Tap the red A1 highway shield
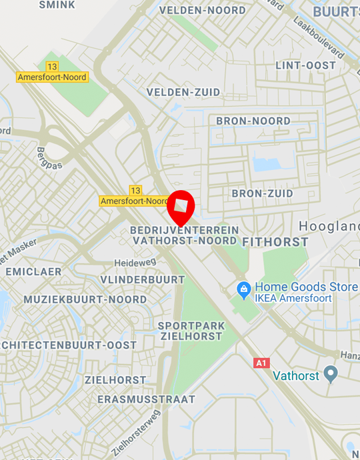(x=262, y=363)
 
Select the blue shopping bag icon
(x=244, y=289)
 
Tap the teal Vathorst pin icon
(x=331, y=374)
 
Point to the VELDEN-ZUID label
(x=175, y=91)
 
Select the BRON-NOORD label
(x=253, y=121)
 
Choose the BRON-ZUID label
(x=262, y=193)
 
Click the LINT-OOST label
(x=306, y=65)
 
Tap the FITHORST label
(x=275, y=241)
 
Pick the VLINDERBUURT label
(x=142, y=279)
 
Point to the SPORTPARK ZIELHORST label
(x=191, y=331)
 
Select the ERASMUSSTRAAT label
(x=147, y=399)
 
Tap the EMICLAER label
(x=33, y=271)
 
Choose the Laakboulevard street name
(x=319, y=37)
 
